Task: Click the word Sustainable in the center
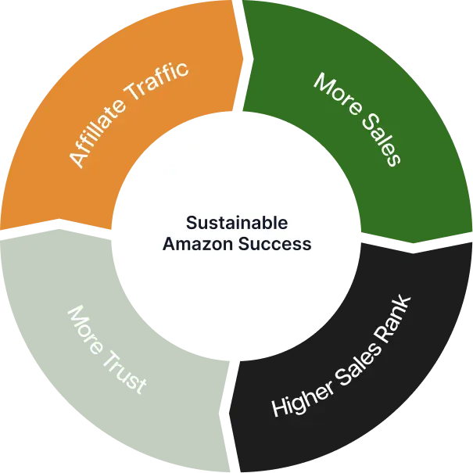236,222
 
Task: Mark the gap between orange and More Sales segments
240,47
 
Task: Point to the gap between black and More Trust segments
231,422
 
